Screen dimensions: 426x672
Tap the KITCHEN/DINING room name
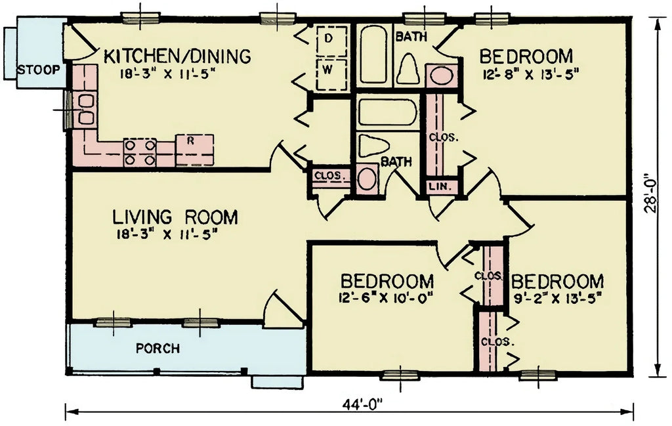coord(177,56)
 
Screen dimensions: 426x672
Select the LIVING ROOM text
coord(175,217)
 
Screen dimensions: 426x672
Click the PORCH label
coord(157,348)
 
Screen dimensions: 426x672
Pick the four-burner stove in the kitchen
coord(140,152)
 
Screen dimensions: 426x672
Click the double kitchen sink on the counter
coord(85,110)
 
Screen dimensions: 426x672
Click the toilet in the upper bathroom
coord(408,68)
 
